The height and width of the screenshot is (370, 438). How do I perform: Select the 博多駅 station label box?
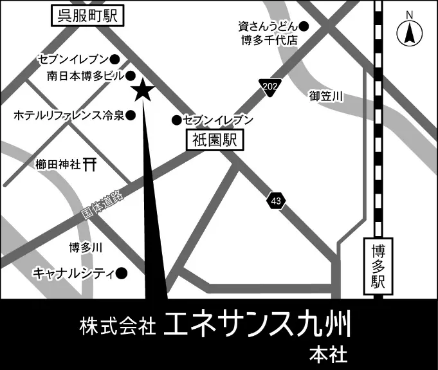click(x=378, y=266)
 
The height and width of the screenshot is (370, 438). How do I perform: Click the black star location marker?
click(x=142, y=91)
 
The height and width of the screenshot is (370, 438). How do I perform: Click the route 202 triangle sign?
click(x=269, y=88)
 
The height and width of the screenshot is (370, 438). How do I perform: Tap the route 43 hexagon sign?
click(x=275, y=201)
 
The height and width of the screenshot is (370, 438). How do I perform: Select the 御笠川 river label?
click(x=326, y=97)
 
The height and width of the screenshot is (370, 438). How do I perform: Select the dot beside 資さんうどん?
click(x=304, y=26)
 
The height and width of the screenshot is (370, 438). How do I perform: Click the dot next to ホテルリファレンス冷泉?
click(x=131, y=116)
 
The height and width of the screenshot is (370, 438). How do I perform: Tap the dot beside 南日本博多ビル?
click(x=130, y=75)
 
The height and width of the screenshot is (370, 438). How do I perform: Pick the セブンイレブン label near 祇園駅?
click(x=214, y=120)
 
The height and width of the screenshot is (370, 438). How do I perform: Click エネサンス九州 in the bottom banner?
click(x=258, y=326)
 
